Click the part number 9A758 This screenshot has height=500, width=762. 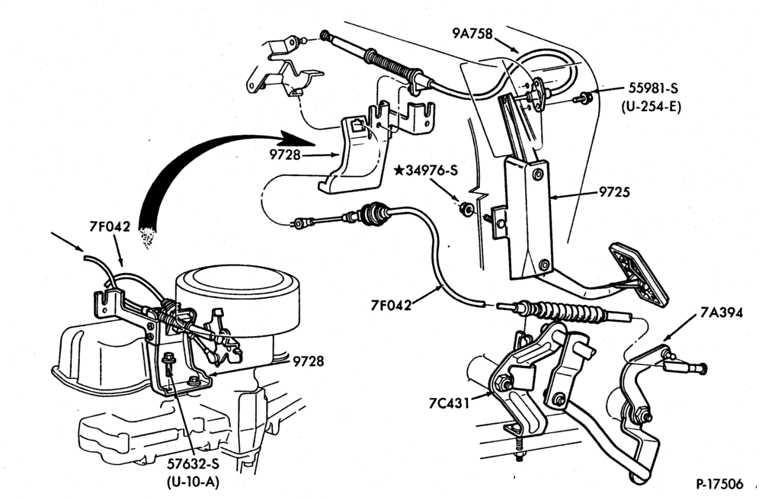472,34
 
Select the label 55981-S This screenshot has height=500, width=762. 653,88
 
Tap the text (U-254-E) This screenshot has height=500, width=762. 652,107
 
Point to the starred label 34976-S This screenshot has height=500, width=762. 425,171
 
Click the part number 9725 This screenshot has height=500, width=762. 613,192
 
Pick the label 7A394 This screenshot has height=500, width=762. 722,313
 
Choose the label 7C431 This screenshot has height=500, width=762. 450,402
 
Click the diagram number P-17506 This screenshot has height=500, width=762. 720,484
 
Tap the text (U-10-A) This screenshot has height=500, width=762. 192,481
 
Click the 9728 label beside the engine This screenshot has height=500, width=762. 308,361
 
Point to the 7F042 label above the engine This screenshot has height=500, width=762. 110,226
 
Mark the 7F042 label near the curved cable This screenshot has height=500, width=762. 391,305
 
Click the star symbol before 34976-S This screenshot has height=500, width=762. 399,171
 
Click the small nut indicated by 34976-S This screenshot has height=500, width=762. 466,209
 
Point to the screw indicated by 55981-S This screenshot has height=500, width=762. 581,98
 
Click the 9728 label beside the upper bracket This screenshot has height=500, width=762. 284,155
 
